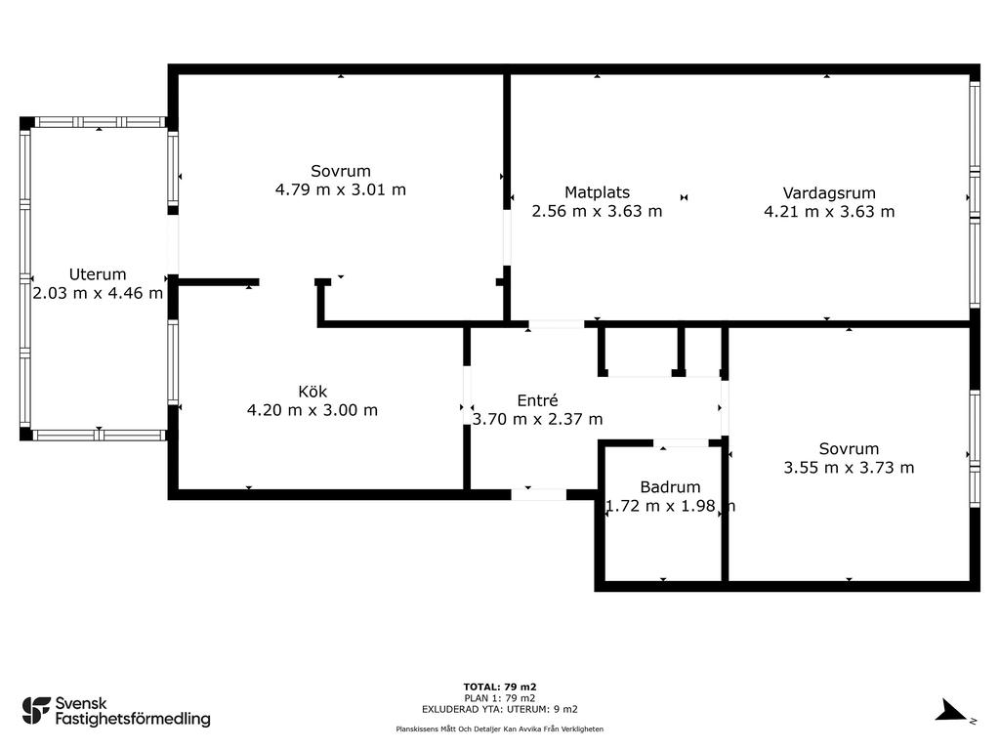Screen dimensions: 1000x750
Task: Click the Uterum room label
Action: coord(98,274)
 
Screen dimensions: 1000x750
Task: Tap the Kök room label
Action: coord(312,391)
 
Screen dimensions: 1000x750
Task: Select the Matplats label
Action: coord(597,192)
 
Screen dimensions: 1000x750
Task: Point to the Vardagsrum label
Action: coord(829,192)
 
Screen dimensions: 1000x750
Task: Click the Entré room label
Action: coord(538,399)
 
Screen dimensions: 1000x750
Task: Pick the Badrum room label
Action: coord(670,486)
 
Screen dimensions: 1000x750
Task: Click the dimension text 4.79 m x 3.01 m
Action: coord(341,189)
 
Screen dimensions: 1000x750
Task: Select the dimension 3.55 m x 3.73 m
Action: coord(849,468)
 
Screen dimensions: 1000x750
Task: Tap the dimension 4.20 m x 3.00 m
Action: coord(312,409)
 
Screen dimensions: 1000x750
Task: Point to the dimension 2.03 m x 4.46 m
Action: coord(98,293)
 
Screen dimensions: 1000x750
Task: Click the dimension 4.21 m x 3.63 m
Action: coord(829,211)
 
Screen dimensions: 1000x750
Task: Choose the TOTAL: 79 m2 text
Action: coord(500,687)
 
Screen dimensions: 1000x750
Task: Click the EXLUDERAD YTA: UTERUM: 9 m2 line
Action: coord(500,709)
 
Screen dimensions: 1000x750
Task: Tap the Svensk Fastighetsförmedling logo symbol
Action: coord(36,711)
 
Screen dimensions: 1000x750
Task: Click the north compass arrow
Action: coord(951,711)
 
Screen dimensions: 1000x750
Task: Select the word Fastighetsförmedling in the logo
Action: coord(133,719)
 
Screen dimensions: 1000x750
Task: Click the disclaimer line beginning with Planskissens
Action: coord(500,729)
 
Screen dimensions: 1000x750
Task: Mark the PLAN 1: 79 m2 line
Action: coord(500,698)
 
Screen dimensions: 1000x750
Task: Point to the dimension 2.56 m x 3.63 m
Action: coord(597,211)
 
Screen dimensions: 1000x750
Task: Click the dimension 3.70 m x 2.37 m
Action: coord(538,418)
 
